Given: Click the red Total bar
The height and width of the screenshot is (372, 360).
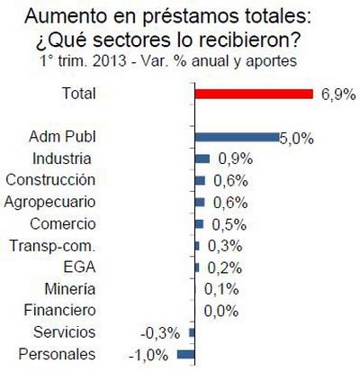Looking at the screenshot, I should tap(253, 94).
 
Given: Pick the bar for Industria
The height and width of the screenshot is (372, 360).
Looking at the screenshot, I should tap(202, 159).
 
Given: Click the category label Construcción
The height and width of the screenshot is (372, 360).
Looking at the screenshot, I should tap(76, 180).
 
